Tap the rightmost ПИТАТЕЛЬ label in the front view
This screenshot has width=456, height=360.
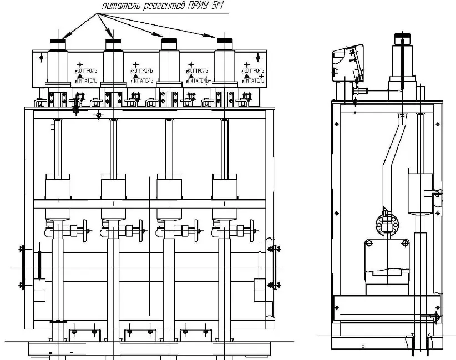point(255,80)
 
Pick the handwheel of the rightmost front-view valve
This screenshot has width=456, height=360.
point(252,229)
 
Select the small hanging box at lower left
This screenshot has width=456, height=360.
point(39,290)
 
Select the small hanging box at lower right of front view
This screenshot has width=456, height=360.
point(260,290)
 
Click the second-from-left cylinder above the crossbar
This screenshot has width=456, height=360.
point(113,186)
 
